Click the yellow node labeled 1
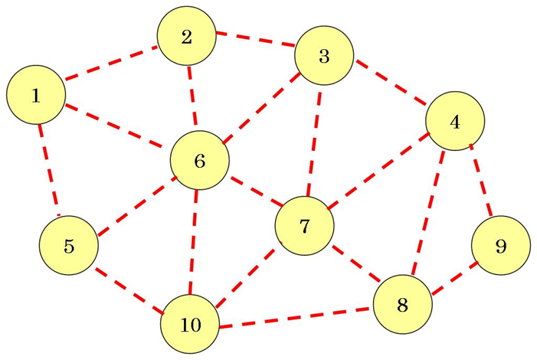tap(35, 96)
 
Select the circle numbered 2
tap(186, 38)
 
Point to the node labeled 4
tap(456, 123)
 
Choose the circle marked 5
tap(68, 247)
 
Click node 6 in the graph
tap(199, 161)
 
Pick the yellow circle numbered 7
tap(304, 226)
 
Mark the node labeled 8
tap(402, 305)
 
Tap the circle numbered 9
tap(501, 246)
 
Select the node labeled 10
tap(189, 325)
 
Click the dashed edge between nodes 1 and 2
tap(110, 64)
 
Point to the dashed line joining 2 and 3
tap(254, 39)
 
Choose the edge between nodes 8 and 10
tap(296, 317)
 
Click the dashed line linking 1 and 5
tap(49, 170)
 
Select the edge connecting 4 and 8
tap(430, 212)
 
